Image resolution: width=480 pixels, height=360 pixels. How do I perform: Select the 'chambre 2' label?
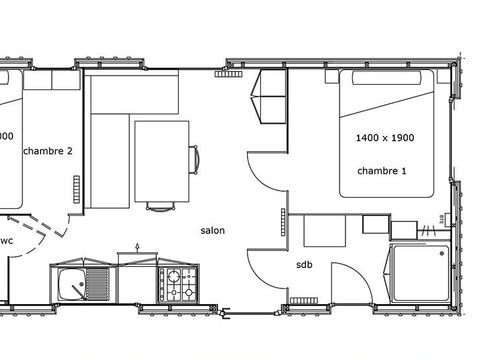pyautogui.click(x=47, y=152)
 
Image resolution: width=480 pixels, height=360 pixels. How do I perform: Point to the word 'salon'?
pyautogui.click(x=212, y=230)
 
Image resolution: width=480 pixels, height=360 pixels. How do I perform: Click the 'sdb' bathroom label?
pyautogui.click(x=304, y=265)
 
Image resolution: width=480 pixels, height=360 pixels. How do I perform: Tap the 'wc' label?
pyautogui.click(x=6, y=241)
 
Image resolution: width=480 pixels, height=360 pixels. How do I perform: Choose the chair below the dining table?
pyautogui.click(x=159, y=206)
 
